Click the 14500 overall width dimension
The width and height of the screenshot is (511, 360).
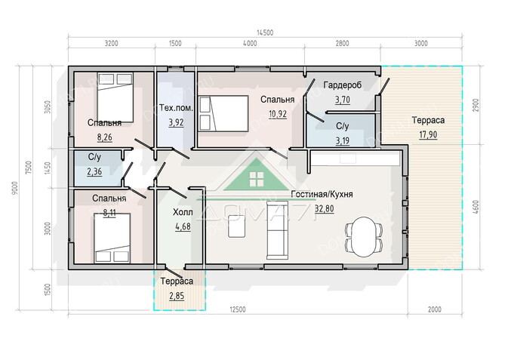pyautogui.click(x=265, y=32)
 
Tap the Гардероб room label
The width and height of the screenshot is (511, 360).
pyautogui.click(x=343, y=85)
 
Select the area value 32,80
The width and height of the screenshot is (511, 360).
pyautogui.click(x=325, y=208)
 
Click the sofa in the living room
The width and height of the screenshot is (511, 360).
pyautogui.click(x=277, y=230)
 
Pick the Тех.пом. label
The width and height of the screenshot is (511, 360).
pyautogui.click(x=176, y=108)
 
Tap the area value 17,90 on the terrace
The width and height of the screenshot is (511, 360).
pyautogui.click(x=428, y=134)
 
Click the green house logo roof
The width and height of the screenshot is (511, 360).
pyautogui.click(x=257, y=174)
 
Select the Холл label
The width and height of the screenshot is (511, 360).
pyautogui.click(x=183, y=212)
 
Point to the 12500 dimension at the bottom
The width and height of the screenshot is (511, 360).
pyautogui.click(x=237, y=309)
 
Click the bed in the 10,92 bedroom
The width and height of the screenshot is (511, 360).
pyautogui.click(x=223, y=113)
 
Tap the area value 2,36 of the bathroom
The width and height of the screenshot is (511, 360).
pyautogui.click(x=94, y=171)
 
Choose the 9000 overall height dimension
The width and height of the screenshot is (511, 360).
pyautogui.click(x=14, y=189)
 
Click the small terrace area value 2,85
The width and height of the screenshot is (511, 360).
pyautogui.click(x=177, y=296)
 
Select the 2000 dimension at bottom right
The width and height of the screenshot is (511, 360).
pyautogui.click(x=435, y=309)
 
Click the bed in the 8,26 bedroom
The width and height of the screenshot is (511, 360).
pyautogui.click(x=115, y=97)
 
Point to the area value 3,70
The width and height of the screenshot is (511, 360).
pyautogui.click(x=343, y=100)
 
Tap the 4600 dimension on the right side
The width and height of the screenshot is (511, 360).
pyautogui.click(x=476, y=208)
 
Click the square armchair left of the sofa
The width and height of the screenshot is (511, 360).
pyautogui.click(x=236, y=226)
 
